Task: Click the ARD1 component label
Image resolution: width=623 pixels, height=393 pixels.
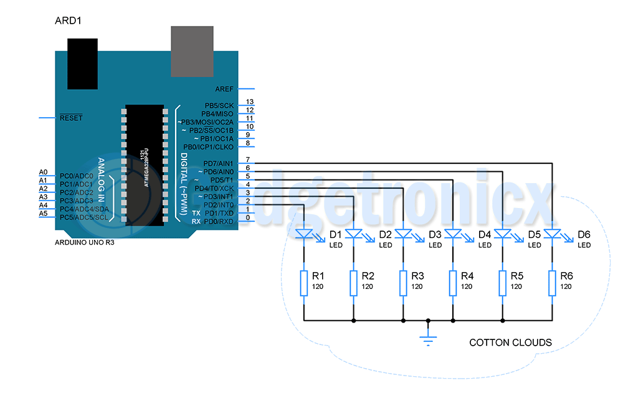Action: (x=69, y=21)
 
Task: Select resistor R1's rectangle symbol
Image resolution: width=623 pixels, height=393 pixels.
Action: (x=303, y=283)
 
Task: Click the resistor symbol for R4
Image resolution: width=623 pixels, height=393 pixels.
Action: (x=453, y=283)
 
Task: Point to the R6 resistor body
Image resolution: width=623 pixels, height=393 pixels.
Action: (x=552, y=283)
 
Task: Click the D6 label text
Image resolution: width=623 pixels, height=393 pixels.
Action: (x=584, y=235)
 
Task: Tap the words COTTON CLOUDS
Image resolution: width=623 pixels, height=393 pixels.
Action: (x=510, y=343)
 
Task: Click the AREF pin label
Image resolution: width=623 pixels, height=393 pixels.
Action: (x=224, y=89)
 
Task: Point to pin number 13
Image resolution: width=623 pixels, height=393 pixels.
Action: (x=250, y=102)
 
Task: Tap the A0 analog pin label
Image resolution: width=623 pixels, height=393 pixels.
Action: (x=43, y=172)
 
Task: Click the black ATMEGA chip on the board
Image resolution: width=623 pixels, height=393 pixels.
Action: (x=144, y=166)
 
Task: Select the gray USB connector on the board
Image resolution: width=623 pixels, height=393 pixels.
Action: (x=192, y=52)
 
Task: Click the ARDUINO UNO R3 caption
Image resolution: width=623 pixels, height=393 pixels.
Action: (x=84, y=243)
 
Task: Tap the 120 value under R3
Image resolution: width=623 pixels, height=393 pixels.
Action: (x=417, y=286)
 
